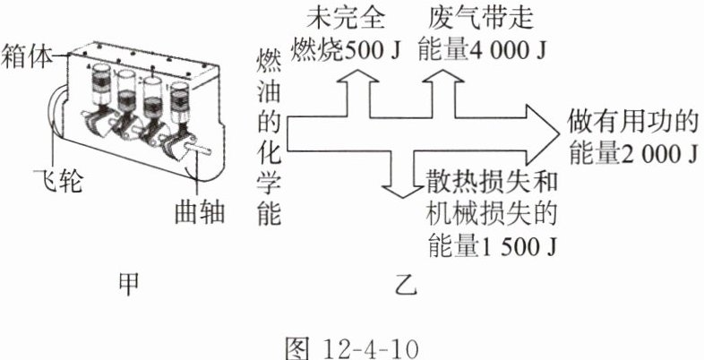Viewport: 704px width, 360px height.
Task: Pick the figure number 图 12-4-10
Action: [x=351, y=342]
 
